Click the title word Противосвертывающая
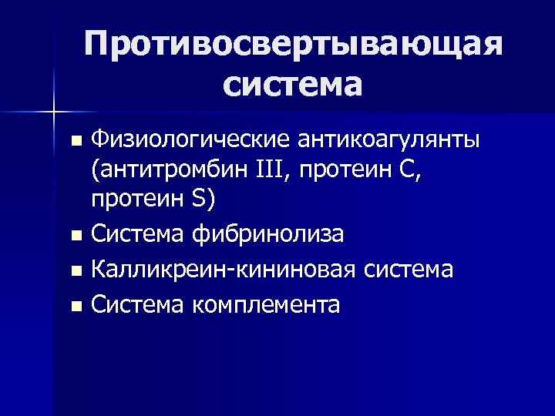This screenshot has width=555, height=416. point(294,45)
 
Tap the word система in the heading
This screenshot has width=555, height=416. point(294,83)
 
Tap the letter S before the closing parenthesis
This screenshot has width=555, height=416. point(199,199)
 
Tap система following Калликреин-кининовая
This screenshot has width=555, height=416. point(407,270)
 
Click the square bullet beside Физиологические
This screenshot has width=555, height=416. point(75,142)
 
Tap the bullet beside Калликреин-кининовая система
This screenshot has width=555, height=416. point(75,271)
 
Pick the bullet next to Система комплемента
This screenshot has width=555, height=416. point(75,307)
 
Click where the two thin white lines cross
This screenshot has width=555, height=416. point(53,112)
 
